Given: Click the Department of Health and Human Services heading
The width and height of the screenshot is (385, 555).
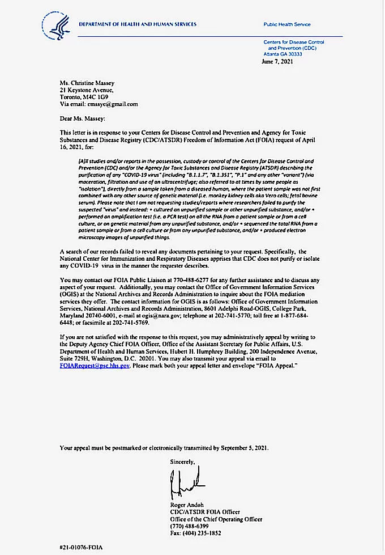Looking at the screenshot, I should tap(138, 24).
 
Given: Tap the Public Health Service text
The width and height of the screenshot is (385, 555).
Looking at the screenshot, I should tap(287, 25).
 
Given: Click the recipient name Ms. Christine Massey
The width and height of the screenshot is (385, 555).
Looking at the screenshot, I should tap(90, 82).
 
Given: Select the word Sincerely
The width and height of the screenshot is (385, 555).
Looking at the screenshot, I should tap(182, 462).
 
